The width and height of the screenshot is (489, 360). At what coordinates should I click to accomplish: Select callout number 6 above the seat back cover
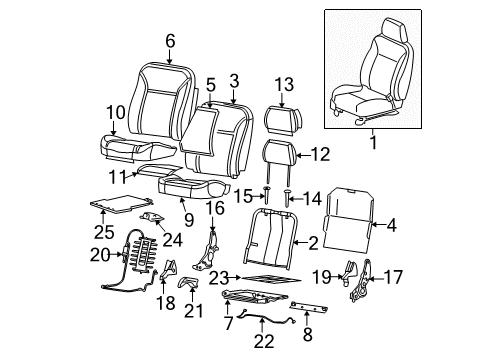pos(169,40)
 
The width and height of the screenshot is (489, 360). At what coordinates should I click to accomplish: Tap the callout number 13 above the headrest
pos(284,84)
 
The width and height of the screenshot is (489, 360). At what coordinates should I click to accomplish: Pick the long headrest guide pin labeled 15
pos(269,196)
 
